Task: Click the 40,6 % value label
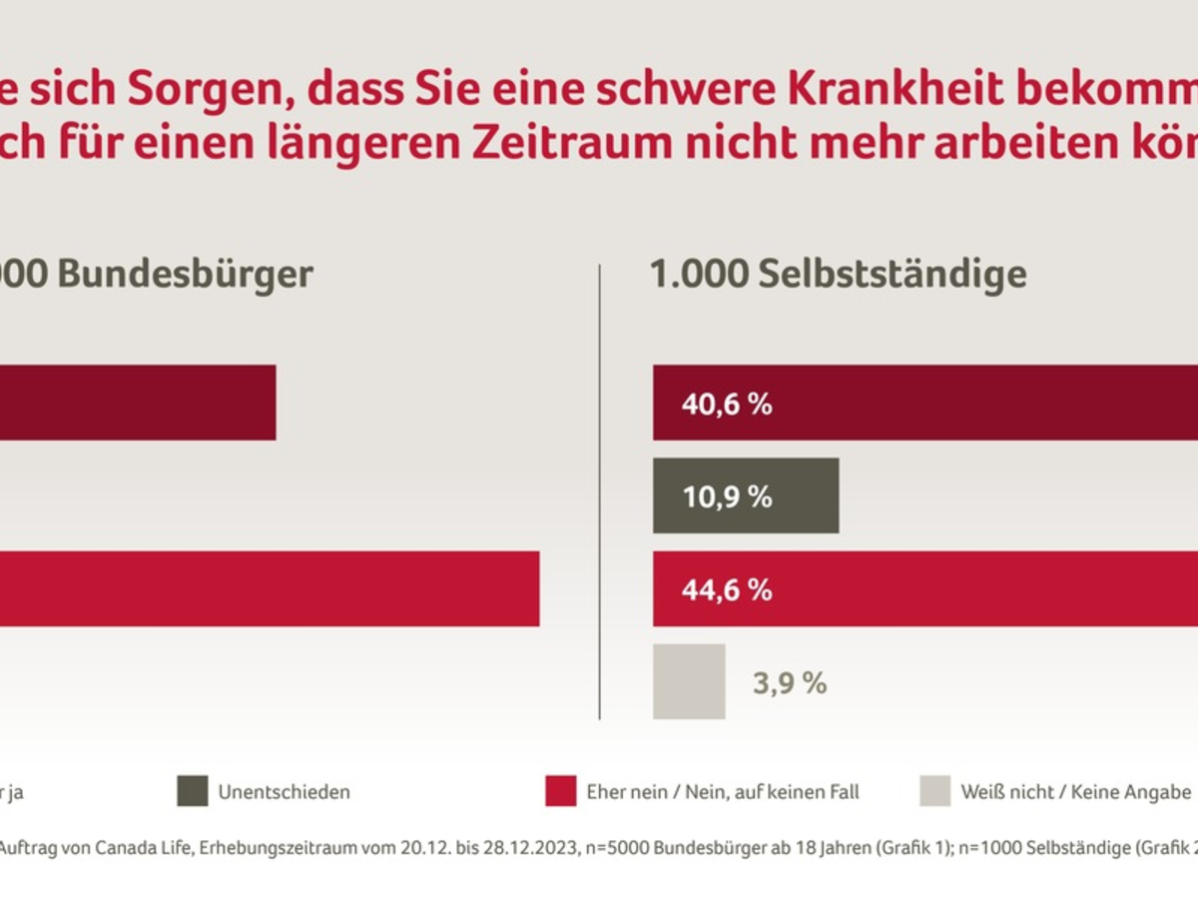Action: (727, 404)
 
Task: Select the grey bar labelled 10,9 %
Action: (745, 496)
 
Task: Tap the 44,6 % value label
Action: (727, 589)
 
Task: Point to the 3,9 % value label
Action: (789, 683)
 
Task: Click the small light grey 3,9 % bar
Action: (689, 681)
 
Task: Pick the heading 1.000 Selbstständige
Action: (838, 274)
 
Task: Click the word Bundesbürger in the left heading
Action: (186, 274)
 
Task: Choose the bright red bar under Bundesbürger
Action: (270, 589)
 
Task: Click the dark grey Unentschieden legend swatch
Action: (193, 791)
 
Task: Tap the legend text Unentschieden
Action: (284, 792)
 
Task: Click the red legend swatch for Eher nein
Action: (561, 791)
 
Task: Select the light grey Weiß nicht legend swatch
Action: (935, 791)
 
